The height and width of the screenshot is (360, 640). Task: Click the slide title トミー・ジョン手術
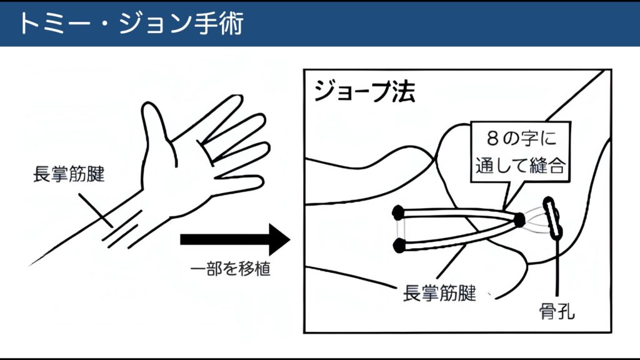[131, 23]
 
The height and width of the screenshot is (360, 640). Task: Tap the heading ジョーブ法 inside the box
[364, 91]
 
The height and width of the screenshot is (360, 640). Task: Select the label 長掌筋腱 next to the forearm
[69, 174]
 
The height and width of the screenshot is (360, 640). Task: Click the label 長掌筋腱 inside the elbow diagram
[439, 293]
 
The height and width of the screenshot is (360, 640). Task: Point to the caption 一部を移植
[230, 269]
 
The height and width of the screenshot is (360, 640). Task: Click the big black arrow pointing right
[235, 239]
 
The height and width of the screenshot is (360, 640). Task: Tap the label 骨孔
[557, 312]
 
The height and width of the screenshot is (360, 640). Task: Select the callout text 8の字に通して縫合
[521, 152]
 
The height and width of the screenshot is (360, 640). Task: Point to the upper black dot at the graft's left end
[398, 212]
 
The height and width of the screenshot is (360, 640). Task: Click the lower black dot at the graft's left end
[399, 246]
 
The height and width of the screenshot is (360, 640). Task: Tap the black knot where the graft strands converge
[519, 220]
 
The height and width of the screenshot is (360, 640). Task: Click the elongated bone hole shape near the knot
[552, 217]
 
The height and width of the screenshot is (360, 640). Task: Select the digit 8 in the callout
[492, 139]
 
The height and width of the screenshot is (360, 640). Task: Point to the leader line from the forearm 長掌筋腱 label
[96, 210]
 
